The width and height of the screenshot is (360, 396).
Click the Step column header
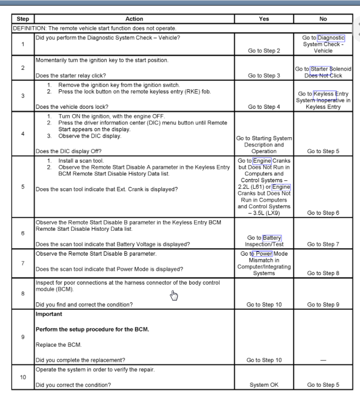[22, 19]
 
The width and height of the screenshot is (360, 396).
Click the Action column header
[134, 19]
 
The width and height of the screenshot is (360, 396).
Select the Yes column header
[264, 19]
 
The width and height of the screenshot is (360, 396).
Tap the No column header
[323, 19]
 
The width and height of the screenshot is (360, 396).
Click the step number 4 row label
[23, 133]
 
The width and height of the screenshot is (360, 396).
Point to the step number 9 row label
[23, 337]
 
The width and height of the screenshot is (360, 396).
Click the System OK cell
[264, 385]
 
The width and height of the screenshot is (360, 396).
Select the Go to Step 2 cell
[264, 51]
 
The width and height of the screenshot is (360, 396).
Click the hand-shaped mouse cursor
[174, 295]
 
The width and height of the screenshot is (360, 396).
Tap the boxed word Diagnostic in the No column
[331, 38]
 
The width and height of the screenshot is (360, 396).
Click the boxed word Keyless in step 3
[324, 94]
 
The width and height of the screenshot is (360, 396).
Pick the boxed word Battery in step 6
[272, 238]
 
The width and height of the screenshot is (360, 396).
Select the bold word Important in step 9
[49, 314]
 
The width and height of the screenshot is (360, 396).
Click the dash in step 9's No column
[323, 360]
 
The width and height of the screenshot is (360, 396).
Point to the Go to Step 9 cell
[323, 305]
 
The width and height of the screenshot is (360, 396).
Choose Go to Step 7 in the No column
[323, 244]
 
